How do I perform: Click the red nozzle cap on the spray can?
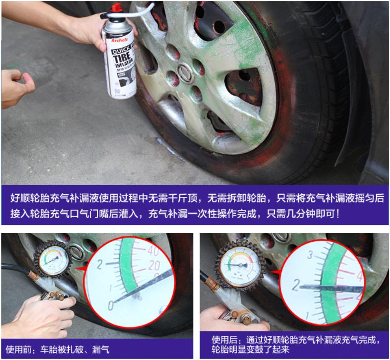(116, 8)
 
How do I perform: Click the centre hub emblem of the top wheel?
(185, 73)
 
